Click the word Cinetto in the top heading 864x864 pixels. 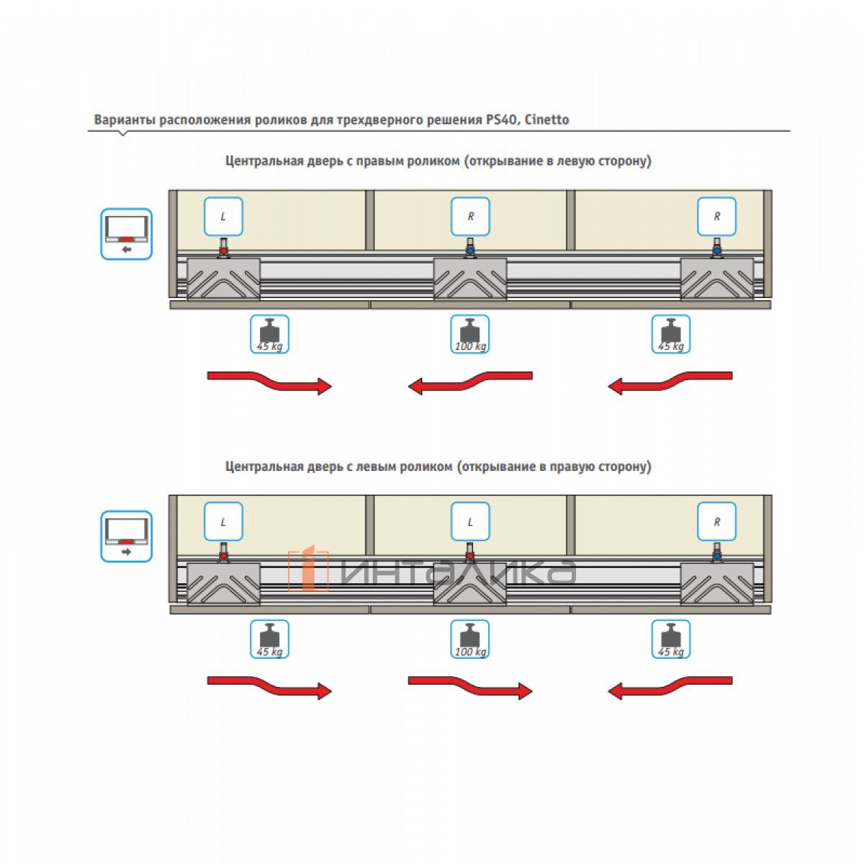pyautogui.click(x=546, y=120)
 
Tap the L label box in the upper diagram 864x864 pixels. pyautogui.click(x=223, y=216)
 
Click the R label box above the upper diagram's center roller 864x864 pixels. pyautogui.click(x=470, y=216)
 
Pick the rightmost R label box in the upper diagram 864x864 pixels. pyautogui.click(x=717, y=216)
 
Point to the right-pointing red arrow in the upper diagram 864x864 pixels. pyautogui.click(x=269, y=382)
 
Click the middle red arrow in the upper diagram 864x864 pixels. pyautogui.click(x=470, y=382)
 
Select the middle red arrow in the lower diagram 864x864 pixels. pyautogui.click(x=470, y=685)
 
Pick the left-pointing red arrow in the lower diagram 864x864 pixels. pyautogui.click(x=670, y=685)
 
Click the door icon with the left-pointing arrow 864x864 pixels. pyautogui.click(x=126, y=234)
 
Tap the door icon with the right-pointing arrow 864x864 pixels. pyautogui.click(x=126, y=536)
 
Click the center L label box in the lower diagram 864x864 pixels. pyautogui.click(x=470, y=521)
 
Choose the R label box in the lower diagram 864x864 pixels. pyautogui.click(x=717, y=521)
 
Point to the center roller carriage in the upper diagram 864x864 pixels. pyautogui.click(x=470, y=279)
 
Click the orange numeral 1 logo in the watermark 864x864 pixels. pyautogui.click(x=308, y=569)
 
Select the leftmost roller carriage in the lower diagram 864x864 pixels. pyautogui.click(x=223, y=583)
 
